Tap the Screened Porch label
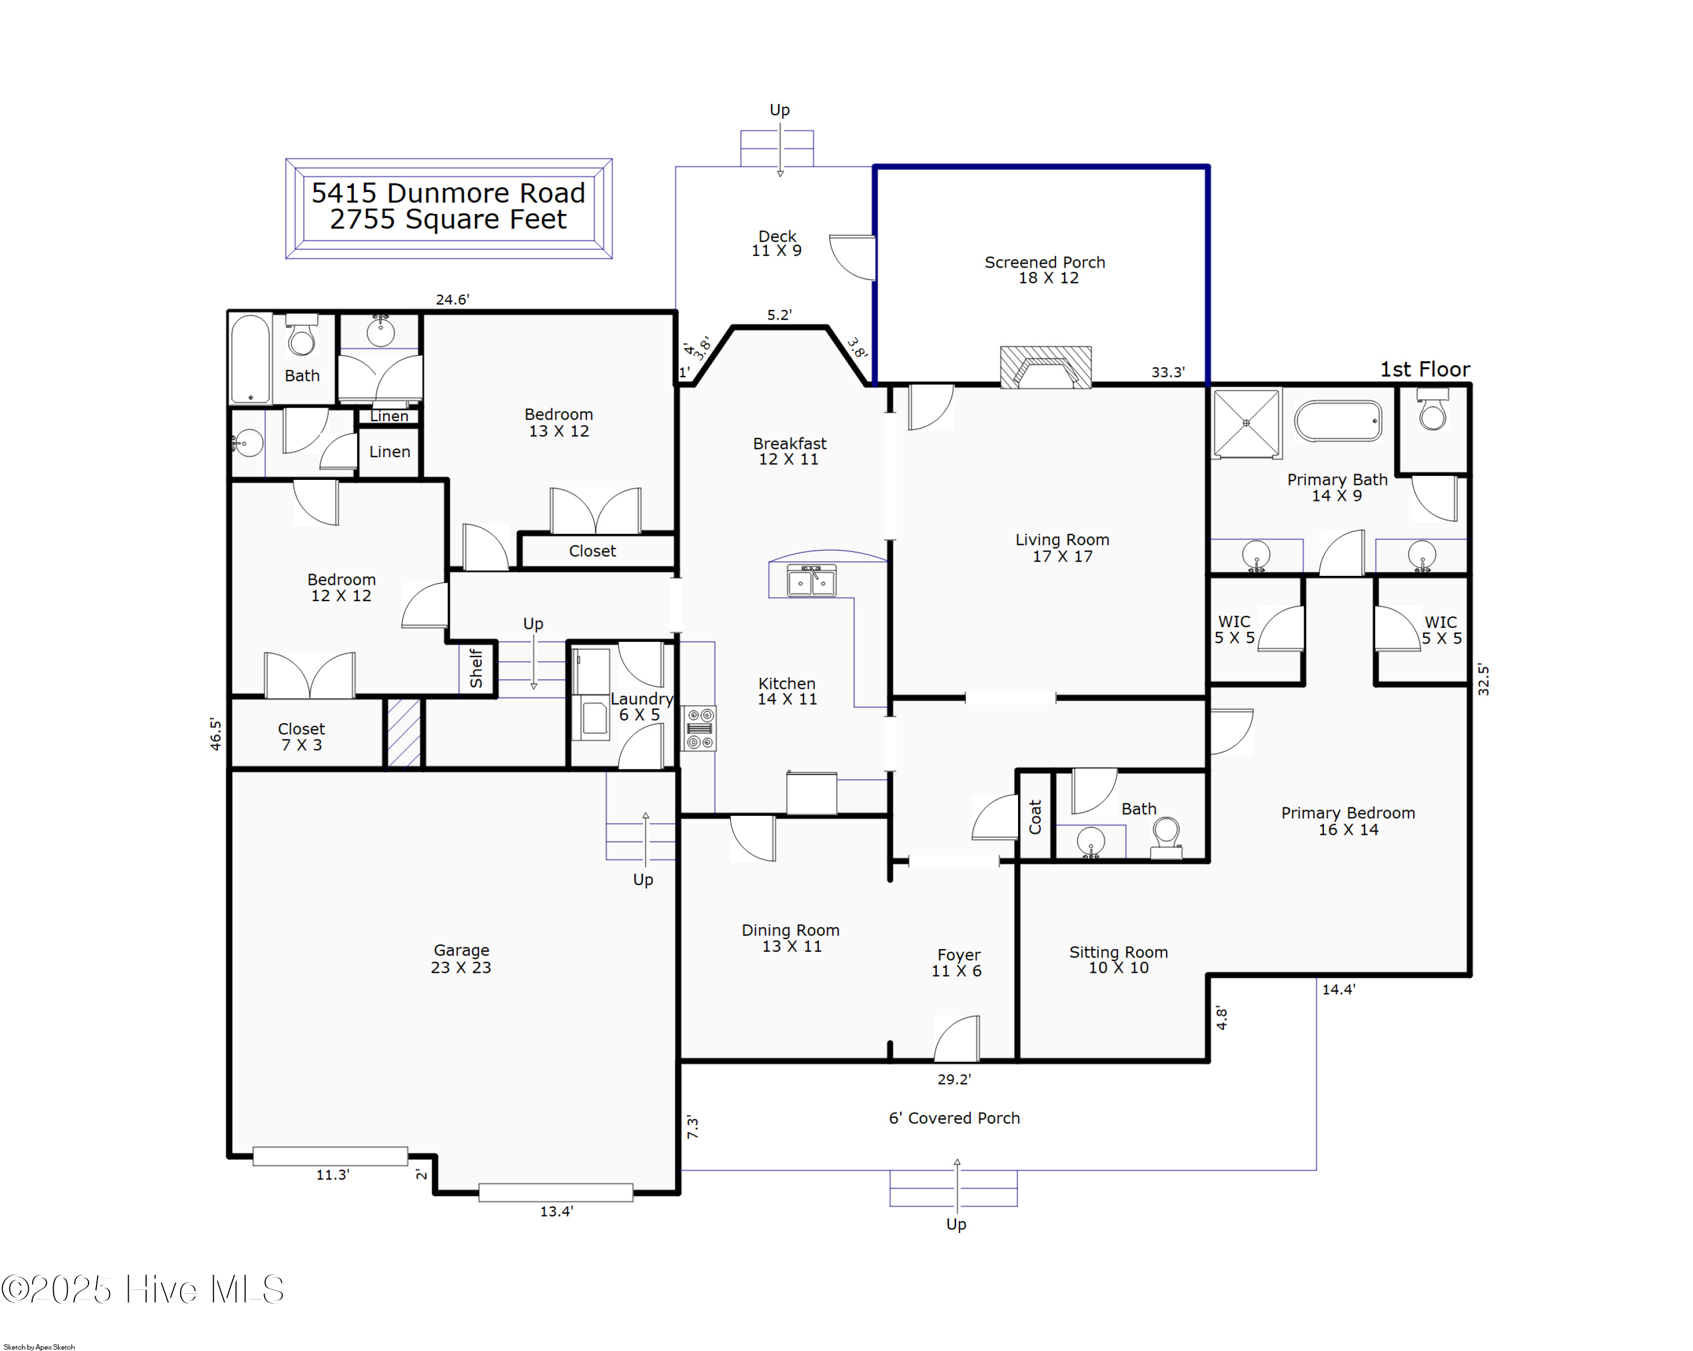coord(1045,269)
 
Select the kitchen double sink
coord(812,582)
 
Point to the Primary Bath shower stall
coord(1245,423)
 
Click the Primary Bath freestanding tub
coord(1338,421)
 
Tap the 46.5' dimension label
coord(215,733)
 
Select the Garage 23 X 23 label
coord(461,958)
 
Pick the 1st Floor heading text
coord(1424,369)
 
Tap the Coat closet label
coord(1035,817)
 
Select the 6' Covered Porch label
coord(954,1118)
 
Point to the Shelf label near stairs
coord(476,668)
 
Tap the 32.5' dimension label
coord(1483,679)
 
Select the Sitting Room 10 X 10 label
coord(1118,959)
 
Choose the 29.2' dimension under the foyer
coord(954,1079)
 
